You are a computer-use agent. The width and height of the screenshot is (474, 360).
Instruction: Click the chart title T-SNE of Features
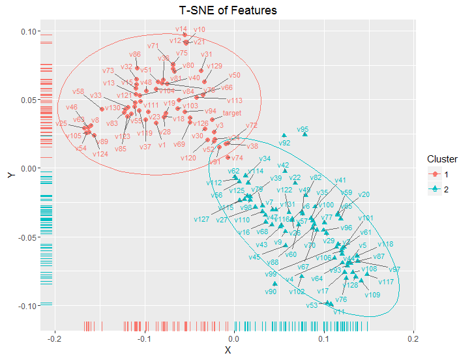coord(228,10)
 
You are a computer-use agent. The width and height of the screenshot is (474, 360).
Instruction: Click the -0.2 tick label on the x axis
coord(55,340)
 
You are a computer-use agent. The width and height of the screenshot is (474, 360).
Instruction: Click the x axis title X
coord(228,351)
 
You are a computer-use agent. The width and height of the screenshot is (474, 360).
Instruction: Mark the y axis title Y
coord(10,175)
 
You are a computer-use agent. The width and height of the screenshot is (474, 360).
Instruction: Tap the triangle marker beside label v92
coord(284,136)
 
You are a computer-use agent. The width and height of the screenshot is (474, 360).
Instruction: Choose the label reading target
coord(232,113)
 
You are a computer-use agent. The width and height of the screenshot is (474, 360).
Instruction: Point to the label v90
coord(271,292)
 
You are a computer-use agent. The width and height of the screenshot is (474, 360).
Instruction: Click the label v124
coord(100,154)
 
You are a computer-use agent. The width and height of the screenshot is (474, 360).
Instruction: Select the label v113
coord(235,100)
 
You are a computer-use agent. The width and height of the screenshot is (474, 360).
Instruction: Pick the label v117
coord(386,282)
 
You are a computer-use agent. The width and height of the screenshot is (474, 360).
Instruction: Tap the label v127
coord(201,219)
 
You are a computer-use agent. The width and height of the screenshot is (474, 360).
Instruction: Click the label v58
coord(78,91)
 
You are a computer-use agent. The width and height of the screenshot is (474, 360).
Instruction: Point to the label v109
coord(372,295)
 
